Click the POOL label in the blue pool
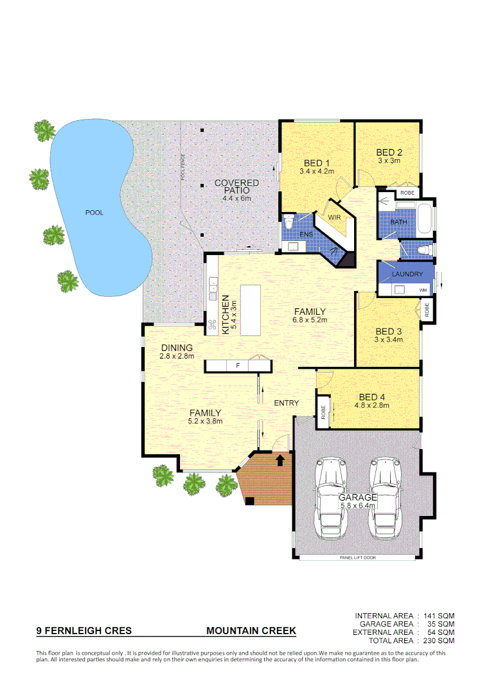click(x=94, y=213)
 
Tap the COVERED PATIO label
click(x=237, y=187)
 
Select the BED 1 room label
click(x=317, y=163)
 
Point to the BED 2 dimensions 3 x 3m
click(x=389, y=161)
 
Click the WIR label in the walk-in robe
click(x=334, y=218)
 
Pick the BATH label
click(x=398, y=222)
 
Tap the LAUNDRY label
click(x=407, y=274)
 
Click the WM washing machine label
click(x=422, y=290)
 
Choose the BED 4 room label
click(x=372, y=396)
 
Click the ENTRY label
click(x=286, y=403)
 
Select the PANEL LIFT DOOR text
click(x=358, y=558)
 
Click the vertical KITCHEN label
click(x=226, y=314)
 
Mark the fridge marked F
click(x=238, y=366)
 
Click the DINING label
click(x=177, y=348)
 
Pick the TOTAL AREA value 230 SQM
click(x=439, y=641)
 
